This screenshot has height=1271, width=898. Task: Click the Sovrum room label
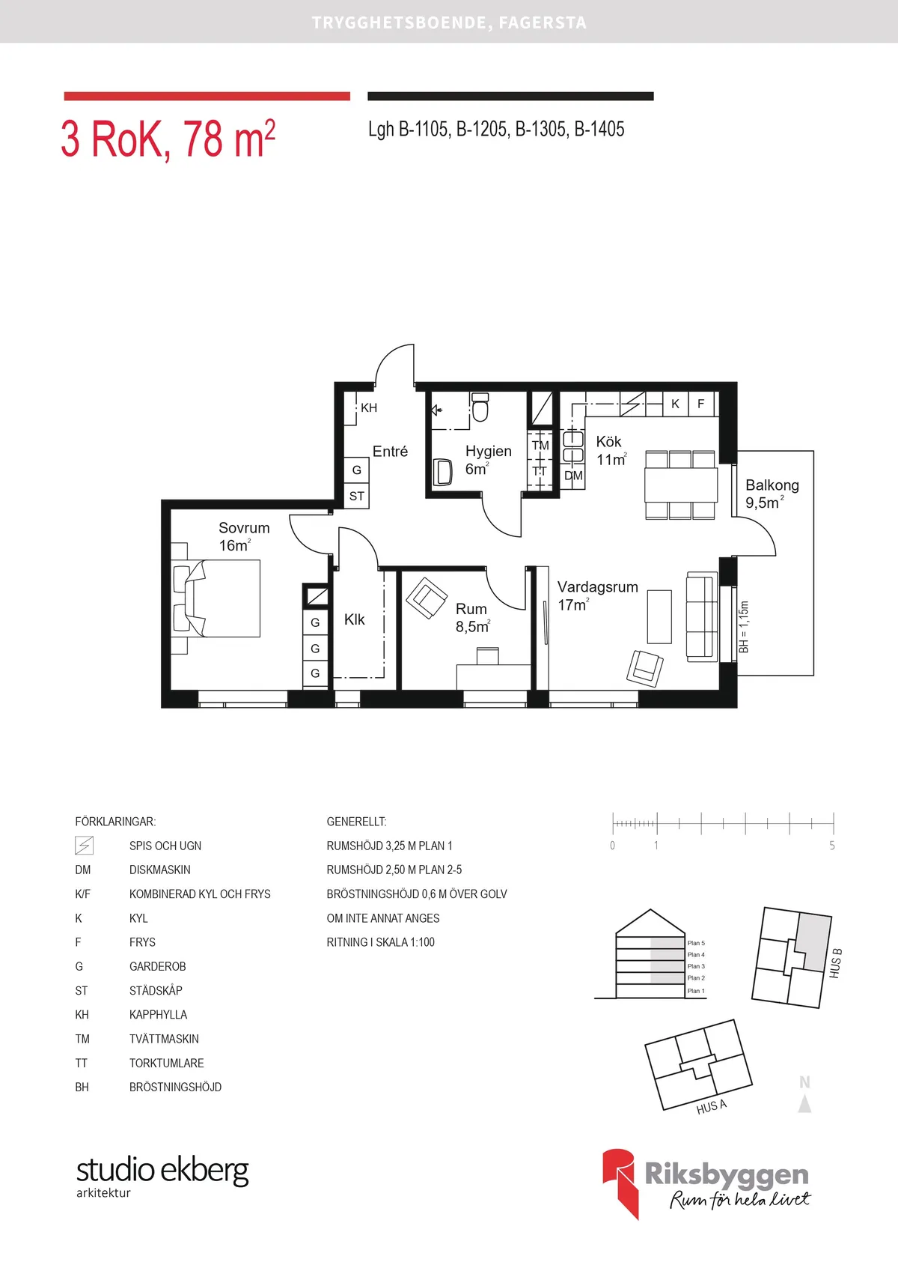(244, 528)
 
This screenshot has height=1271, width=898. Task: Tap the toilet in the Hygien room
(480, 408)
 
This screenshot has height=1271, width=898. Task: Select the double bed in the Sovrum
(217, 598)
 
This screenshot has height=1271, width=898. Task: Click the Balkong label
(772, 485)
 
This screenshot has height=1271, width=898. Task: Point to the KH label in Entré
(369, 408)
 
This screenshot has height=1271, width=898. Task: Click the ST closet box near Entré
(357, 496)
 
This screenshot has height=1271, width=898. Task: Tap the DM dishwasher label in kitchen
(573, 476)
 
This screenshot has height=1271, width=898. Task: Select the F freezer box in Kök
(701, 404)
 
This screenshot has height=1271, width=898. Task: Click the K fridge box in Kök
(675, 404)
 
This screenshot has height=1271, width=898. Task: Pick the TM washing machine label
(540, 445)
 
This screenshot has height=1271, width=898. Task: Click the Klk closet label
(355, 619)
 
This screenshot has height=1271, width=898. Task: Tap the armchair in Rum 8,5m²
(427, 598)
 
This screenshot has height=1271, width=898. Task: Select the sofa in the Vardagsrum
(702, 616)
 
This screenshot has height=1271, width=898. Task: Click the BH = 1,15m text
(744, 626)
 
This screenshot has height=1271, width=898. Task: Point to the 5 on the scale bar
(832, 846)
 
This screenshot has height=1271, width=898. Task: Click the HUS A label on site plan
(711, 1107)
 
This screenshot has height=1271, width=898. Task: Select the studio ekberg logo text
(162, 1170)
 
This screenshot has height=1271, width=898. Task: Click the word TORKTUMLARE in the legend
(166, 1063)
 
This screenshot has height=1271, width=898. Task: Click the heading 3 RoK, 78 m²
(168, 139)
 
